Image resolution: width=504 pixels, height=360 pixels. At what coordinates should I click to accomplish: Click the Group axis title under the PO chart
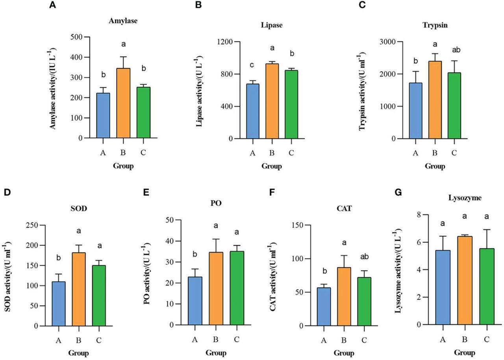(x=216, y=352)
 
